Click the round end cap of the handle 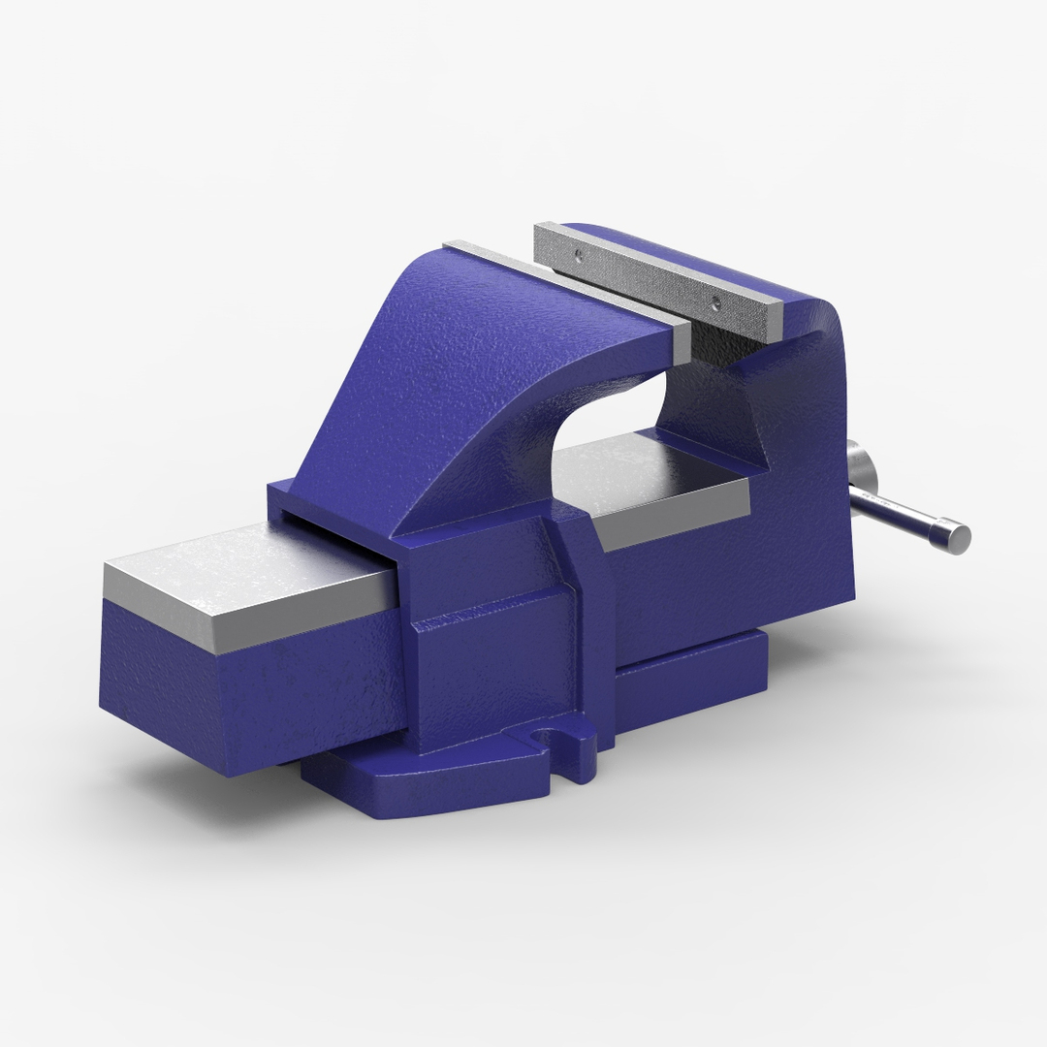[954, 535]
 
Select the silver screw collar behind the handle [859, 469]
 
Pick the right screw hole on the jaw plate [714, 301]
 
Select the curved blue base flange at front [436, 785]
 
